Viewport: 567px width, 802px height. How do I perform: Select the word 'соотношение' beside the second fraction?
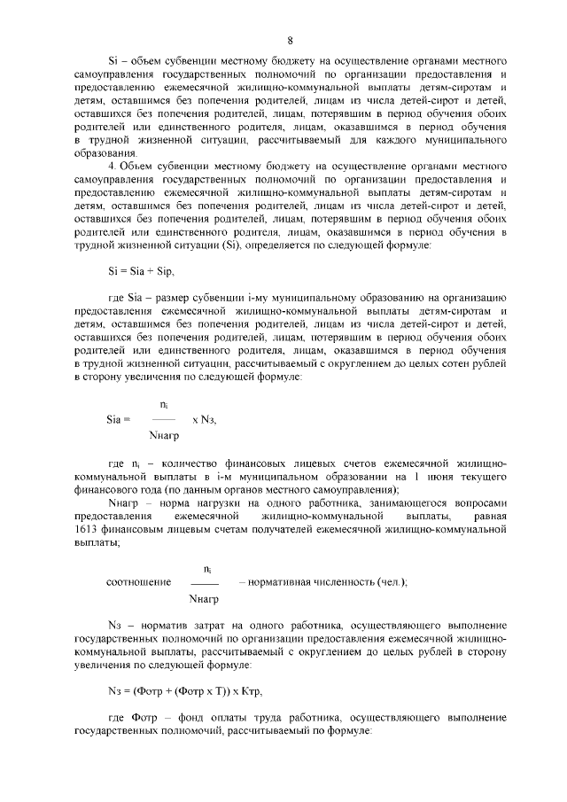[x=138, y=582]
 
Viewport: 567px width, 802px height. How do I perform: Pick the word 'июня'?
[x=429, y=476]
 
